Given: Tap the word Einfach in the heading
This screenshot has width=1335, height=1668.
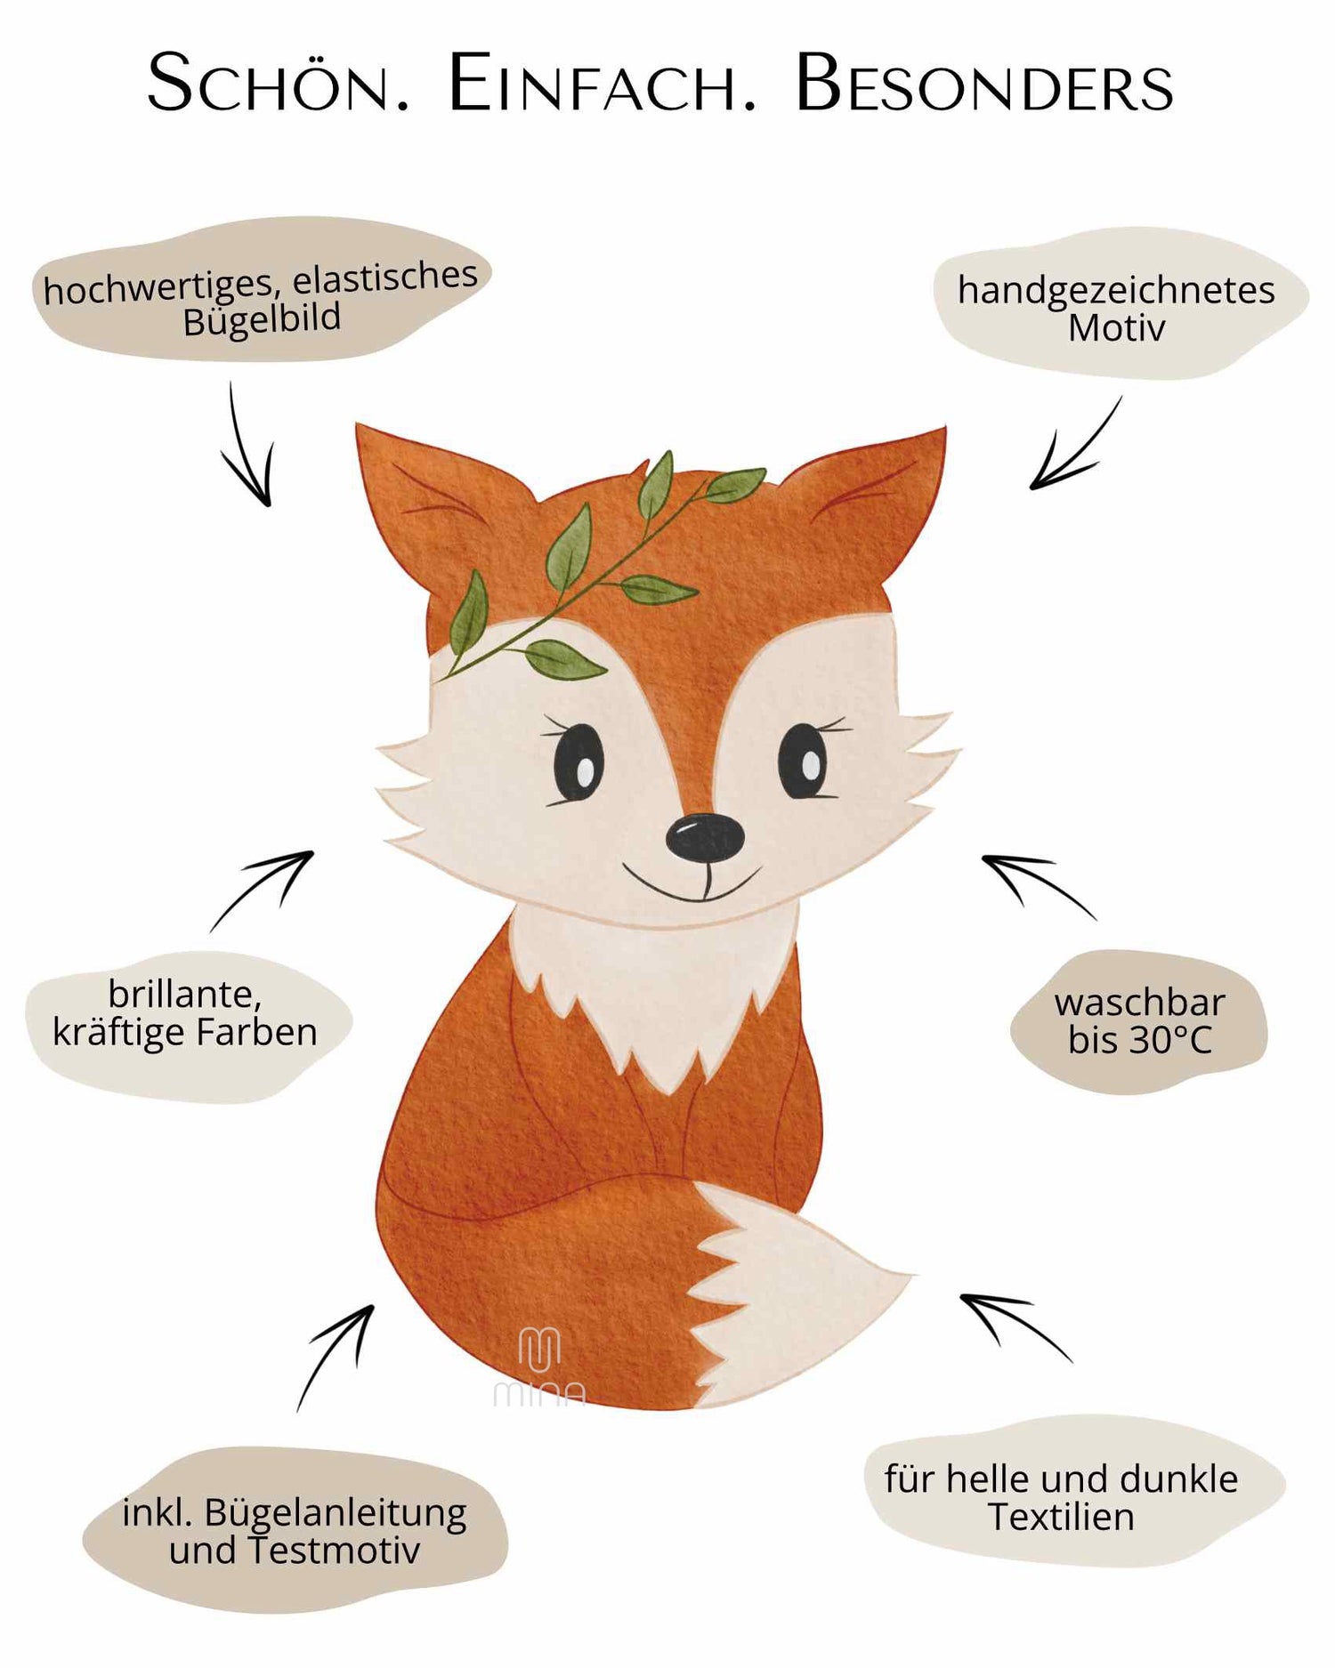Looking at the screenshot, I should pyautogui.click(x=602, y=84).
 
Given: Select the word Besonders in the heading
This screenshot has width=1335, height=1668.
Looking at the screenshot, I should pyautogui.click(x=983, y=84).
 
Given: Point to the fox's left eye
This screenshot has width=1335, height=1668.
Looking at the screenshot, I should pyautogui.click(x=577, y=763).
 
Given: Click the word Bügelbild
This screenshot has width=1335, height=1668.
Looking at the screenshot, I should pyautogui.click(x=262, y=319).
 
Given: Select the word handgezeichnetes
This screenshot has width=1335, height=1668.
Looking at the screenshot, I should pyautogui.click(x=1116, y=291).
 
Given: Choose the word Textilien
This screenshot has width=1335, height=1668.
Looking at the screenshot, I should pyautogui.click(x=1061, y=1518).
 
